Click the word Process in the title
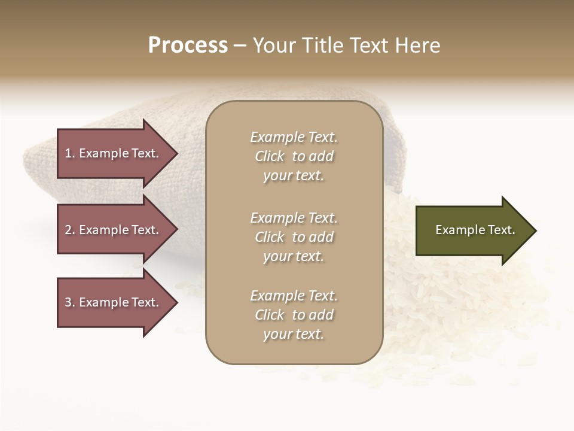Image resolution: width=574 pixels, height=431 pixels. point(188,45)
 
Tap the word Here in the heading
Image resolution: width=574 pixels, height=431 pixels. point(417,45)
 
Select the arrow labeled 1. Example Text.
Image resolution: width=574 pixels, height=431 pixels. point(114,153)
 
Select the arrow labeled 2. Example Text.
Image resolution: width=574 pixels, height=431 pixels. point(114,230)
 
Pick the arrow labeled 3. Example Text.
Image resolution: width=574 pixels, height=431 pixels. point(114,302)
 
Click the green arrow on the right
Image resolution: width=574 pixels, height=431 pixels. point(472,230)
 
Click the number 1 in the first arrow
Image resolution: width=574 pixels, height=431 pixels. point(68,153)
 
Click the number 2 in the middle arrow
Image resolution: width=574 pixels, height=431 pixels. point(68,230)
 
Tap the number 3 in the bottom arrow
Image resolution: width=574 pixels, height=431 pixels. point(68,302)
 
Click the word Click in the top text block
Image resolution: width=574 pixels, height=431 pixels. point(270,156)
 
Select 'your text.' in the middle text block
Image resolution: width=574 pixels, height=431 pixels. point(294,256)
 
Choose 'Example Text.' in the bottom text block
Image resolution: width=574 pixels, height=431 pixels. point(294,296)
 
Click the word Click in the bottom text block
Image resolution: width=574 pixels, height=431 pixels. point(270,315)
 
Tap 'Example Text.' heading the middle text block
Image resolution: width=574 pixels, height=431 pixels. point(294,218)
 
